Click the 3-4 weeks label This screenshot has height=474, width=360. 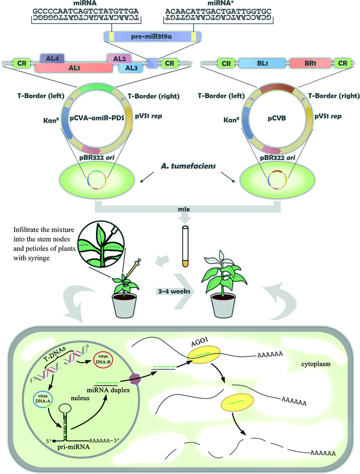coord(172,291)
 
